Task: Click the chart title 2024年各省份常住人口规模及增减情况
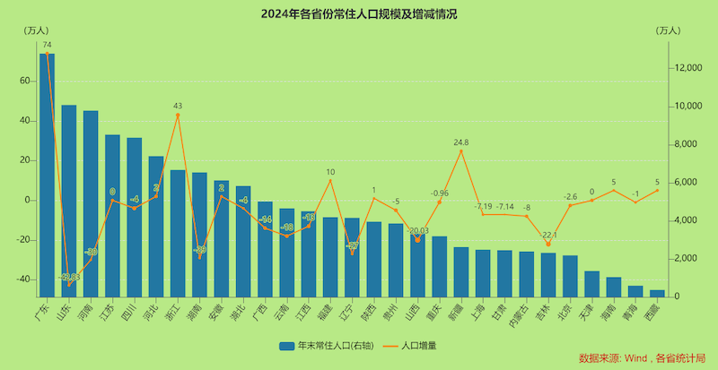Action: (358, 15)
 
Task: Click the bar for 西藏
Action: (657, 293)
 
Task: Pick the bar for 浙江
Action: (178, 233)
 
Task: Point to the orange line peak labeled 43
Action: (178, 115)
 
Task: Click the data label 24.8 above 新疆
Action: (460, 142)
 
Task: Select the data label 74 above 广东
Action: (47, 45)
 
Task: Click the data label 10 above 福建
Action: (330, 171)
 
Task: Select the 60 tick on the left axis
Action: (25, 81)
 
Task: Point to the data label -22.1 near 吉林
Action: (549, 236)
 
